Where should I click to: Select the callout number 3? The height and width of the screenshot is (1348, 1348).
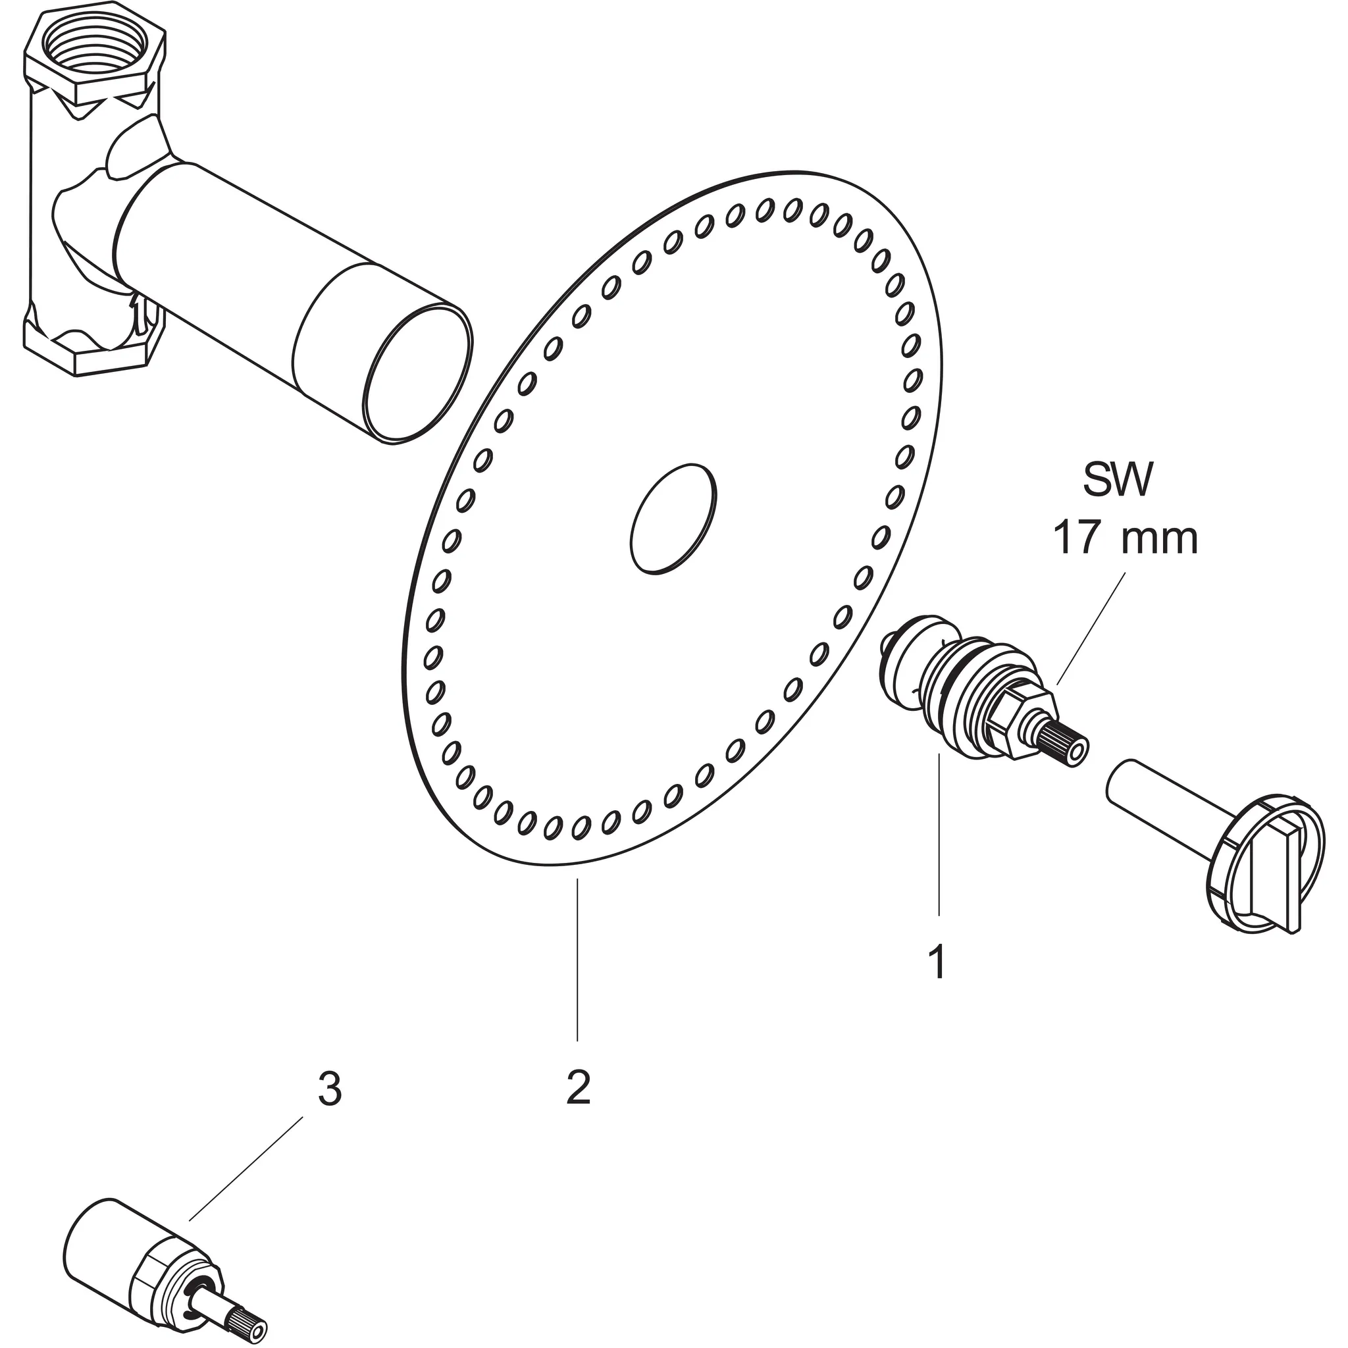[329, 1090]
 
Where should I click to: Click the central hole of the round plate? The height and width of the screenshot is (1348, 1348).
[673, 519]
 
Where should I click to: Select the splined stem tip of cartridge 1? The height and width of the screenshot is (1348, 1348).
[1065, 747]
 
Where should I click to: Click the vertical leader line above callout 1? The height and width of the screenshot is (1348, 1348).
[939, 835]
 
